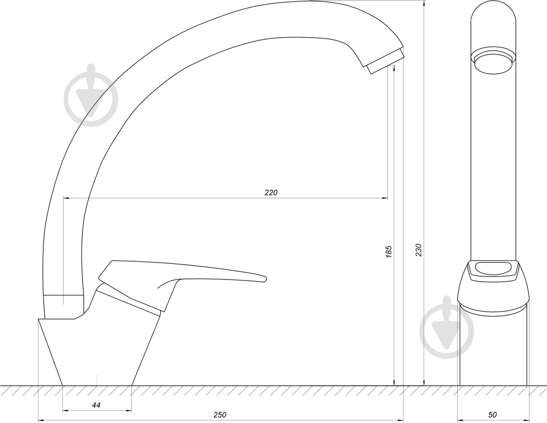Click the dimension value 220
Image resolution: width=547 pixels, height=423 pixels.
coord(271,193)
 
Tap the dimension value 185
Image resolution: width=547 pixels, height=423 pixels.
coord(389,252)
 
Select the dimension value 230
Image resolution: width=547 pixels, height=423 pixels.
coord(419,250)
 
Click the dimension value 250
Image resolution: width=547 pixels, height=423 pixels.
coord(220,415)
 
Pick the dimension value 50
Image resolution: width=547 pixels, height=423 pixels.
coord(493,415)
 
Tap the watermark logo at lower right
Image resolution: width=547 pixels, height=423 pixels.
coord(447,328)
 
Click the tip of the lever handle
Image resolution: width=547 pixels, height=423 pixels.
coord(266,278)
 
